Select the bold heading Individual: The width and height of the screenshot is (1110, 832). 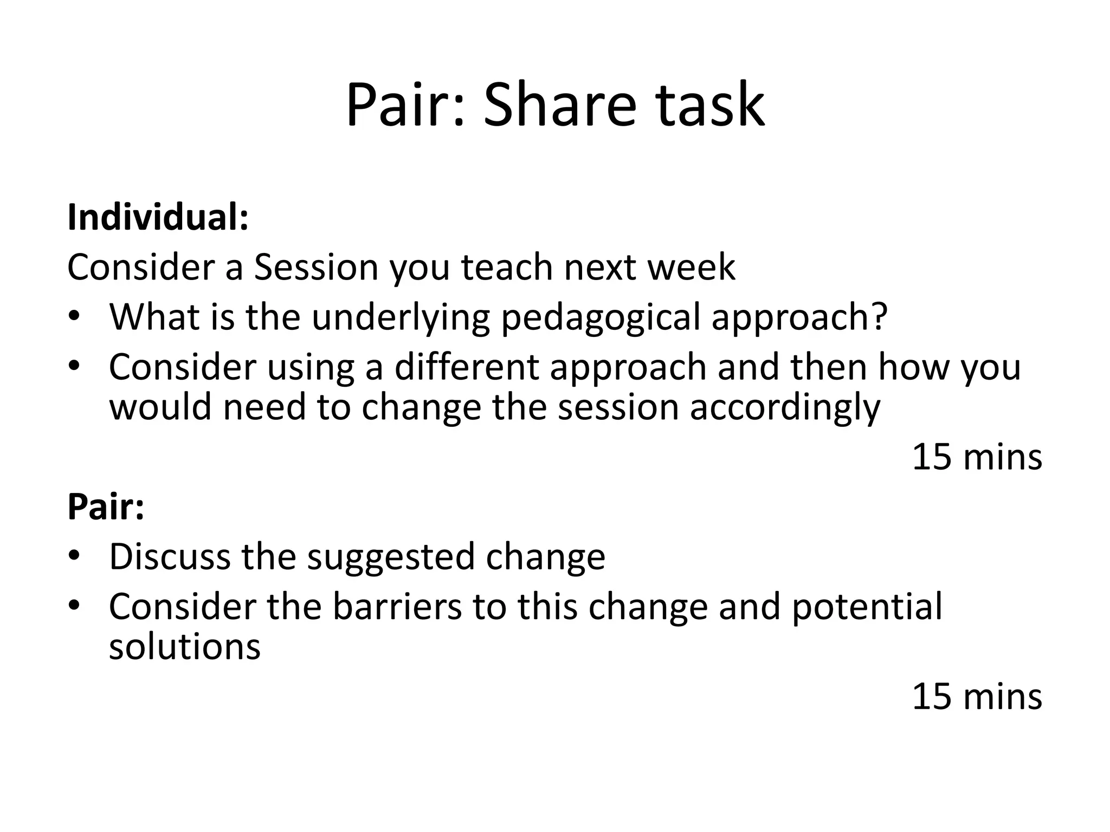(158, 217)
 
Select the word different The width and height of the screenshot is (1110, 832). (466, 367)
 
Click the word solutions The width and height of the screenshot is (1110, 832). (184, 647)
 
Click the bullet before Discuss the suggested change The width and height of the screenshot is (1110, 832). (74, 555)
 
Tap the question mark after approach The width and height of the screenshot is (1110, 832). (880, 316)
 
